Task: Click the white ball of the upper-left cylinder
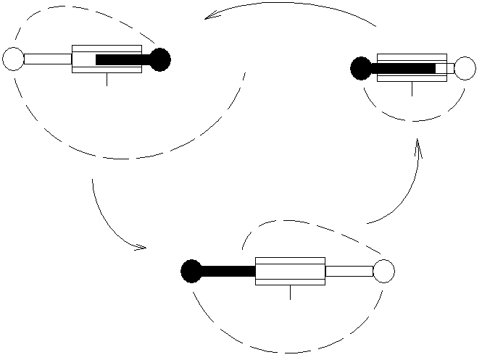[x=13, y=59]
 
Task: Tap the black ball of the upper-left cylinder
[x=160, y=59]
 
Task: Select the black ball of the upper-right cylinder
[x=361, y=68]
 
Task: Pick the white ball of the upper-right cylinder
[x=465, y=68]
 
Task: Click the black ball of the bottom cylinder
[x=191, y=271]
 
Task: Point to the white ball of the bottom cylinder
[x=383, y=271]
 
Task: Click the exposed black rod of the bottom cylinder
[x=228, y=272]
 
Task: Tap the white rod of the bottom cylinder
[x=349, y=271]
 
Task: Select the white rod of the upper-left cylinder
[x=47, y=59]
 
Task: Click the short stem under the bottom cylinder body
[x=290, y=292]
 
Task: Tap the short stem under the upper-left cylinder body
[x=107, y=79]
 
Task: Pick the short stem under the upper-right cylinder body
[x=412, y=88]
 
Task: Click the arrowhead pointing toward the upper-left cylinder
[x=210, y=17]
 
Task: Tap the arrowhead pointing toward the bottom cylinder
[x=139, y=248]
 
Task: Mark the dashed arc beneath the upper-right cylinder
[x=413, y=120]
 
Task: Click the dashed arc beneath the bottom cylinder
[x=290, y=352]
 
